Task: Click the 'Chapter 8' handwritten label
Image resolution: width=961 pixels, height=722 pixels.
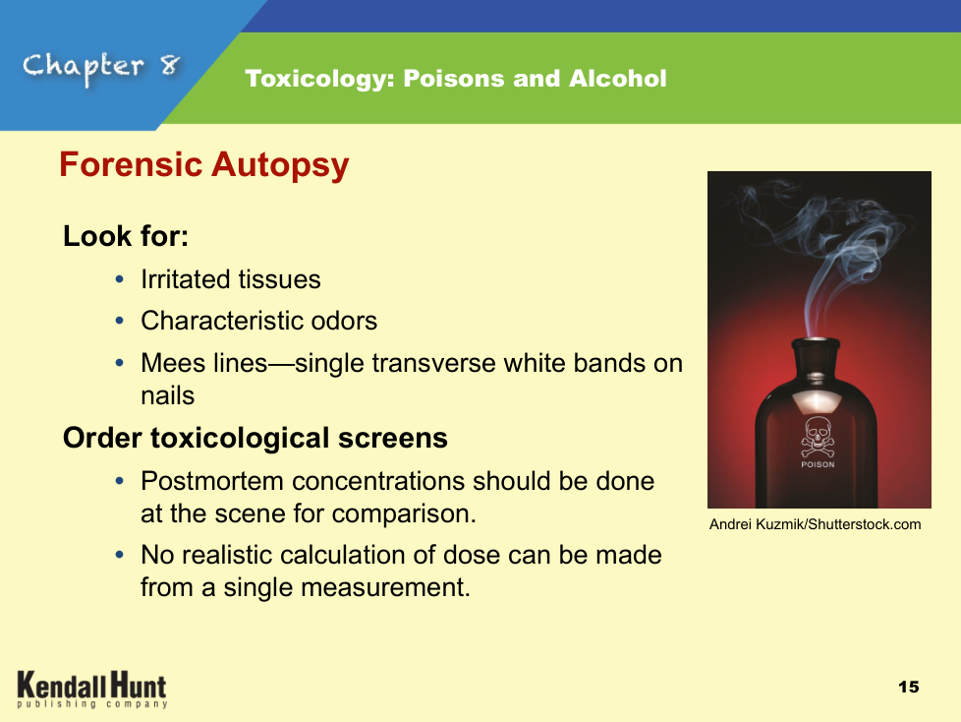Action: click(102, 67)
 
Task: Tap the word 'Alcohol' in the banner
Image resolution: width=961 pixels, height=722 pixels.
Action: click(617, 79)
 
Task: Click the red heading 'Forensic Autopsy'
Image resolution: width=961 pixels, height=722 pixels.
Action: click(204, 165)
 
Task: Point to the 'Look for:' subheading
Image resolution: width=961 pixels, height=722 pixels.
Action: click(126, 236)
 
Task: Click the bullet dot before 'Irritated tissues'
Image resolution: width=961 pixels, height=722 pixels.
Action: click(120, 279)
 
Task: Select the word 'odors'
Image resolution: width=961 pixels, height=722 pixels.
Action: click(344, 321)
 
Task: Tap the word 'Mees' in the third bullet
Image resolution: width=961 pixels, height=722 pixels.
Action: click(173, 363)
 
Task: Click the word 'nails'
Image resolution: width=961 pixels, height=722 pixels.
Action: click(167, 395)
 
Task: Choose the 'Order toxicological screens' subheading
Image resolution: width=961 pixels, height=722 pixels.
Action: click(254, 438)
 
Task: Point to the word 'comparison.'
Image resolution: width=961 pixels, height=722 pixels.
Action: click(404, 514)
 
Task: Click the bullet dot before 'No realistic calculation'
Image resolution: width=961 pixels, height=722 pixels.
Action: click(120, 555)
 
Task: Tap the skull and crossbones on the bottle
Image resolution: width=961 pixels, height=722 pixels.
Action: click(818, 437)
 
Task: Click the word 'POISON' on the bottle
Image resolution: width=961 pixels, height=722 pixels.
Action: click(818, 465)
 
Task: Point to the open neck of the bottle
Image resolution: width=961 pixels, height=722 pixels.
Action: click(816, 341)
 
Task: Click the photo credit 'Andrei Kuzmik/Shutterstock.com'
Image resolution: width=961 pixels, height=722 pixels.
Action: click(816, 524)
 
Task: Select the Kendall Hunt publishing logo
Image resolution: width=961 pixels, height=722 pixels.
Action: click(92, 690)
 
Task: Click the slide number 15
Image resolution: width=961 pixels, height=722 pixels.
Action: click(908, 687)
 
